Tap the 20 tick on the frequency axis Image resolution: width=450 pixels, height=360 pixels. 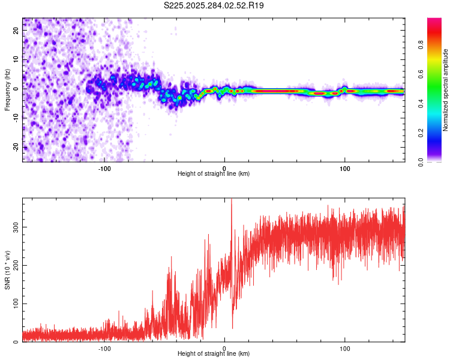point(16,31)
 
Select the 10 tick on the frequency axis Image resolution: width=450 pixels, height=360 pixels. point(16,60)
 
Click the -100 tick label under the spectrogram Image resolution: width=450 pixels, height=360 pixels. point(104,167)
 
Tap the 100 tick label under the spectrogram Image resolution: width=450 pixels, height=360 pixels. point(345,167)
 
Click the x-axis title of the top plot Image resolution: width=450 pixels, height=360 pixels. point(214,174)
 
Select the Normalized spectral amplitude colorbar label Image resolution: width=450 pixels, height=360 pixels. point(446,90)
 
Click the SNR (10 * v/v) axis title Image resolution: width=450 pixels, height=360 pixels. point(7,270)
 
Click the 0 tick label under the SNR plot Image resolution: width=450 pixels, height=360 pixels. point(224,347)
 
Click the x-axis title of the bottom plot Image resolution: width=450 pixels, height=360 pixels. point(214,354)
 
